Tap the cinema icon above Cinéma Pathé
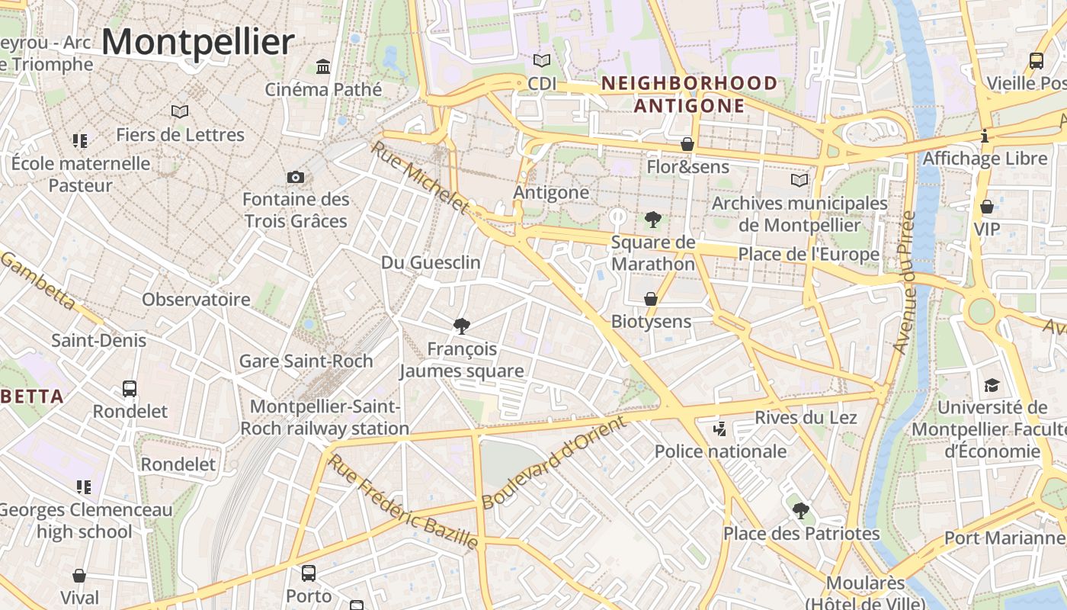(323, 67)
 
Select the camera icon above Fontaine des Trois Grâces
(296, 178)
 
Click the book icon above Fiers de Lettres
(180, 112)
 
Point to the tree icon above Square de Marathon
(652, 220)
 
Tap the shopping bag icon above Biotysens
(651, 299)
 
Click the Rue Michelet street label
(419, 176)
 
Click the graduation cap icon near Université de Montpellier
(992, 385)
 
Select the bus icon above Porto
(309, 573)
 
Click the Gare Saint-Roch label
(306, 361)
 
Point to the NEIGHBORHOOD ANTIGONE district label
(689, 94)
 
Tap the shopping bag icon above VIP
(987, 207)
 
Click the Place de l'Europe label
(809, 255)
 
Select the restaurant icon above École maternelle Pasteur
(80, 140)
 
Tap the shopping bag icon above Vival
(79, 576)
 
